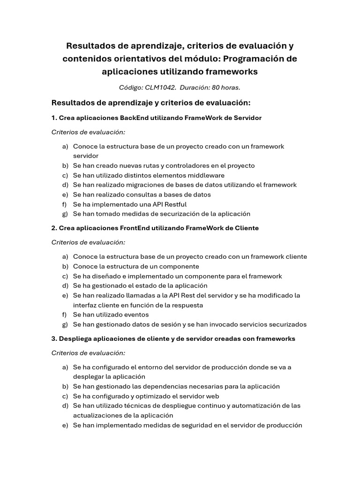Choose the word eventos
tap(136, 315)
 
